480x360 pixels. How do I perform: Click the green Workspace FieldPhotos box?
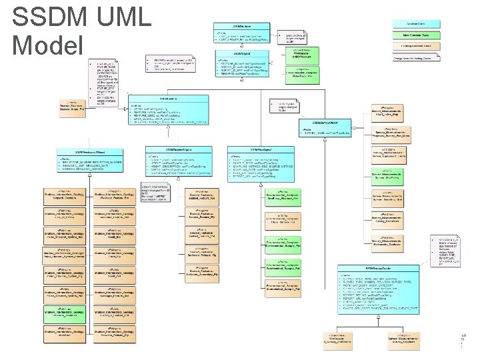pyautogui.click(x=306, y=53)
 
